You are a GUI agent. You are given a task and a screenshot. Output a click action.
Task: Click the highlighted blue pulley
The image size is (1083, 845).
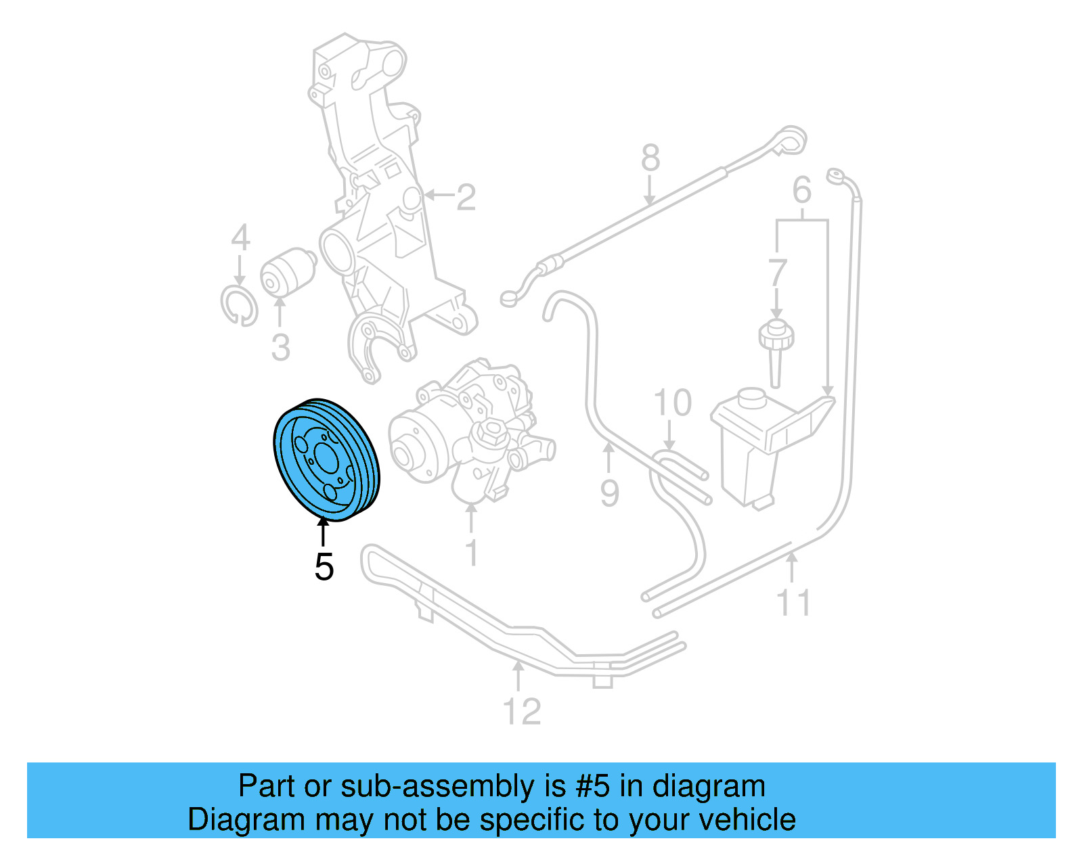coord(326,460)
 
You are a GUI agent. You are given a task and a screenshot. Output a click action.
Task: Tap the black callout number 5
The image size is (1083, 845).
coord(324,567)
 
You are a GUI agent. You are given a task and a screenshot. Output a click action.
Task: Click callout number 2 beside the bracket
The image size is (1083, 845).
coord(466,197)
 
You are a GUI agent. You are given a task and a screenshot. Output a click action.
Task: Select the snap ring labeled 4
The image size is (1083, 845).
coord(239,306)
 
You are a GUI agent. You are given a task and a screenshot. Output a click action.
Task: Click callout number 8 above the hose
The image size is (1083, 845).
coord(650,158)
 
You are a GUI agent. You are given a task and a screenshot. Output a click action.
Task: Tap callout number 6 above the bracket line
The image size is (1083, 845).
coord(801,191)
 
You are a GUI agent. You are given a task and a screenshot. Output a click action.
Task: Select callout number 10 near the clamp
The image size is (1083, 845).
coord(672,403)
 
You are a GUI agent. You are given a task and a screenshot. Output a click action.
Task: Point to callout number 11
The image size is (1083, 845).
coord(793,602)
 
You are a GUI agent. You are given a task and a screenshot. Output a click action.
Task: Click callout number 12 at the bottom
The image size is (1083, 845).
coord(522,712)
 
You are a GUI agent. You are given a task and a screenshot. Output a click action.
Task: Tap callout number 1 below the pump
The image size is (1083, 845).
coord(472,553)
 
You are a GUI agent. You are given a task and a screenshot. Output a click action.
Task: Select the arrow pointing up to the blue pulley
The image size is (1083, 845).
coord(324,531)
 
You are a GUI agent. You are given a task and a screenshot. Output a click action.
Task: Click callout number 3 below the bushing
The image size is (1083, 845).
coord(280,348)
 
